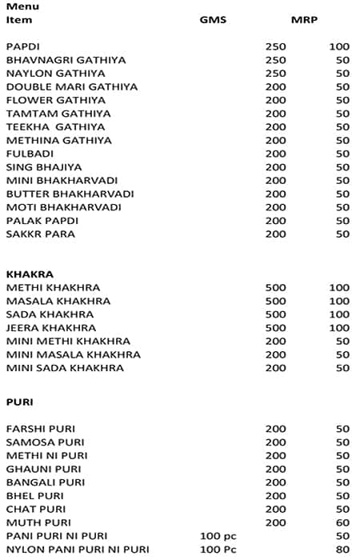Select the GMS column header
click(213, 19)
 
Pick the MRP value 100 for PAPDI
click(339, 47)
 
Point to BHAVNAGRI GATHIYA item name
click(66, 60)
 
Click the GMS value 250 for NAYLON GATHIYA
click(275, 74)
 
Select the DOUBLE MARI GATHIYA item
click(71, 86)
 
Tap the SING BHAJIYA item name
click(43, 167)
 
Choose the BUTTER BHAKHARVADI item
click(70, 194)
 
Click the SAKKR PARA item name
click(40, 234)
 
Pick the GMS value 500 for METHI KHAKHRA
click(275, 287)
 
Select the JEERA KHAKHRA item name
click(50, 327)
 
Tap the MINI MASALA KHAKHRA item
click(73, 354)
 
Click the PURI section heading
click(19, 401)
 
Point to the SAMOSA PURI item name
click(45, 442)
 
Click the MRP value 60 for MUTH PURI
click(342, 522)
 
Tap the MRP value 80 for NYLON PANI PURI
click(342, 549)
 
